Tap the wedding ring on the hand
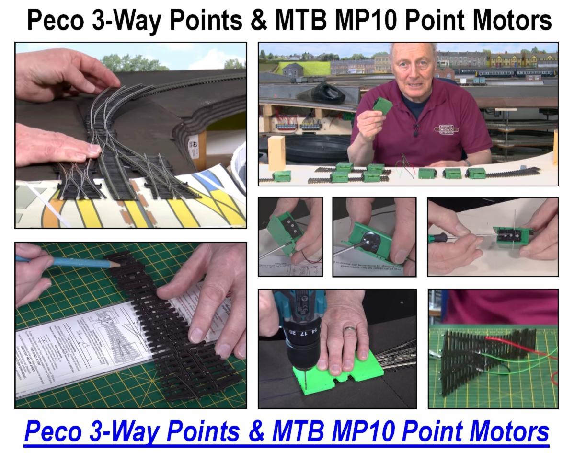click(351, 329)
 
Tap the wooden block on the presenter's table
click(276, 152)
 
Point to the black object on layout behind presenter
click(327, 92)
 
